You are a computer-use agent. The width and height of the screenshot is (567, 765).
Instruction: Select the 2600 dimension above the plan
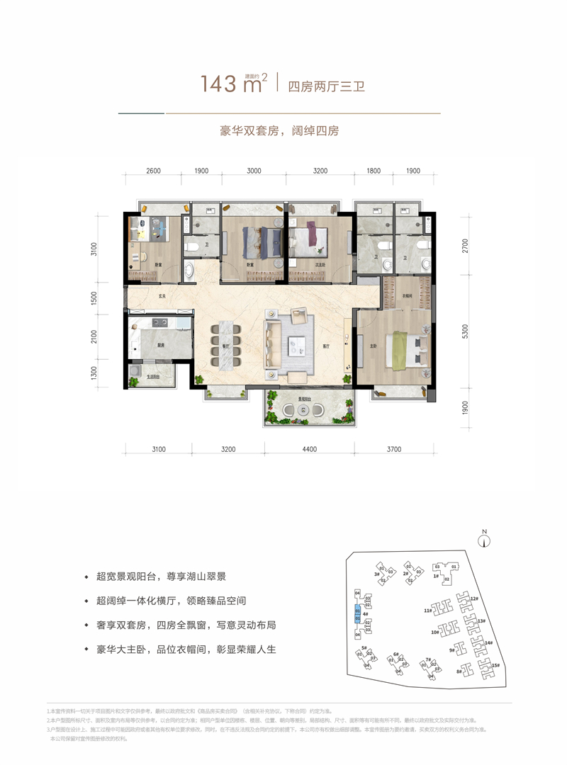155,171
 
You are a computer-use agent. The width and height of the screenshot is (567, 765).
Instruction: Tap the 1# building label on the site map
437,577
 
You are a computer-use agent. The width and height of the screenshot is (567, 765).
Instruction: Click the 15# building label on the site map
496,665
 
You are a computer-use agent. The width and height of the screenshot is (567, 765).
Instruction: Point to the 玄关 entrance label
162,297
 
